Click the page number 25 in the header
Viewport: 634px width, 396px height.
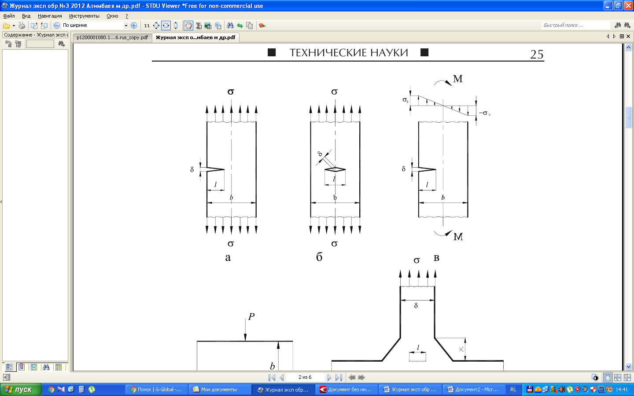[x=537, y=54]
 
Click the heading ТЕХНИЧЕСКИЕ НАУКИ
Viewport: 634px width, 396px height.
[x=348, y=53]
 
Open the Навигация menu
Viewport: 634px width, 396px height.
[x=50, y=16]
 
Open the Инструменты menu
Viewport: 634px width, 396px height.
[x=84, y=16]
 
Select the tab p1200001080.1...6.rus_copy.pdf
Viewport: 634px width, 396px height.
[x=112, y=37]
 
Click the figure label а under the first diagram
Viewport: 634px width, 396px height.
[x=228, y=258]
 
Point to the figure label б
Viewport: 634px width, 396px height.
[x=319, y=257]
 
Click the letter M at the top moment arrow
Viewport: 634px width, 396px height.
[x=458, y=79]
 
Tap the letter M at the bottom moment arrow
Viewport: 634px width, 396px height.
[x=458, y=236]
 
